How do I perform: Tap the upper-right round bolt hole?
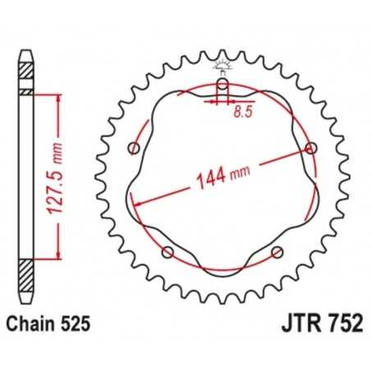click(x=310, y=148)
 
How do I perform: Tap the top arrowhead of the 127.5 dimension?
click(x=58, y=97)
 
